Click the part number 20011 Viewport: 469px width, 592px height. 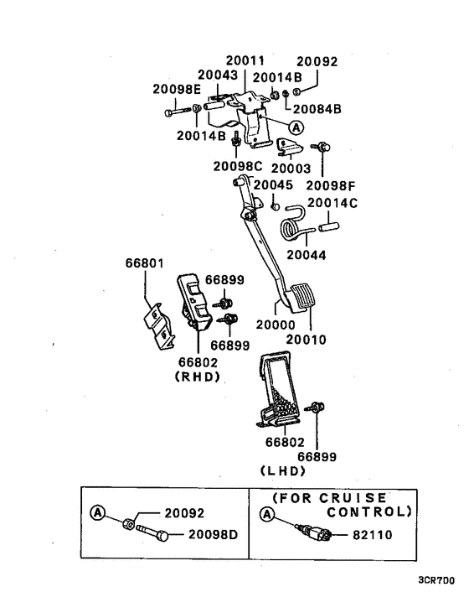tap(245, 61)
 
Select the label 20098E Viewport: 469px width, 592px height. tap(177, 89)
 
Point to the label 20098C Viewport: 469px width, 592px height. tap(238, 165)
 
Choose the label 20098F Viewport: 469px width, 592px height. tap(331, 184)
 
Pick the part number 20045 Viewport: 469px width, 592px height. tap(273, 184)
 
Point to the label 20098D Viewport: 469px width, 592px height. tap(213, 533)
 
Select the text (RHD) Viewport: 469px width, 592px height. tap(197, 376)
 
